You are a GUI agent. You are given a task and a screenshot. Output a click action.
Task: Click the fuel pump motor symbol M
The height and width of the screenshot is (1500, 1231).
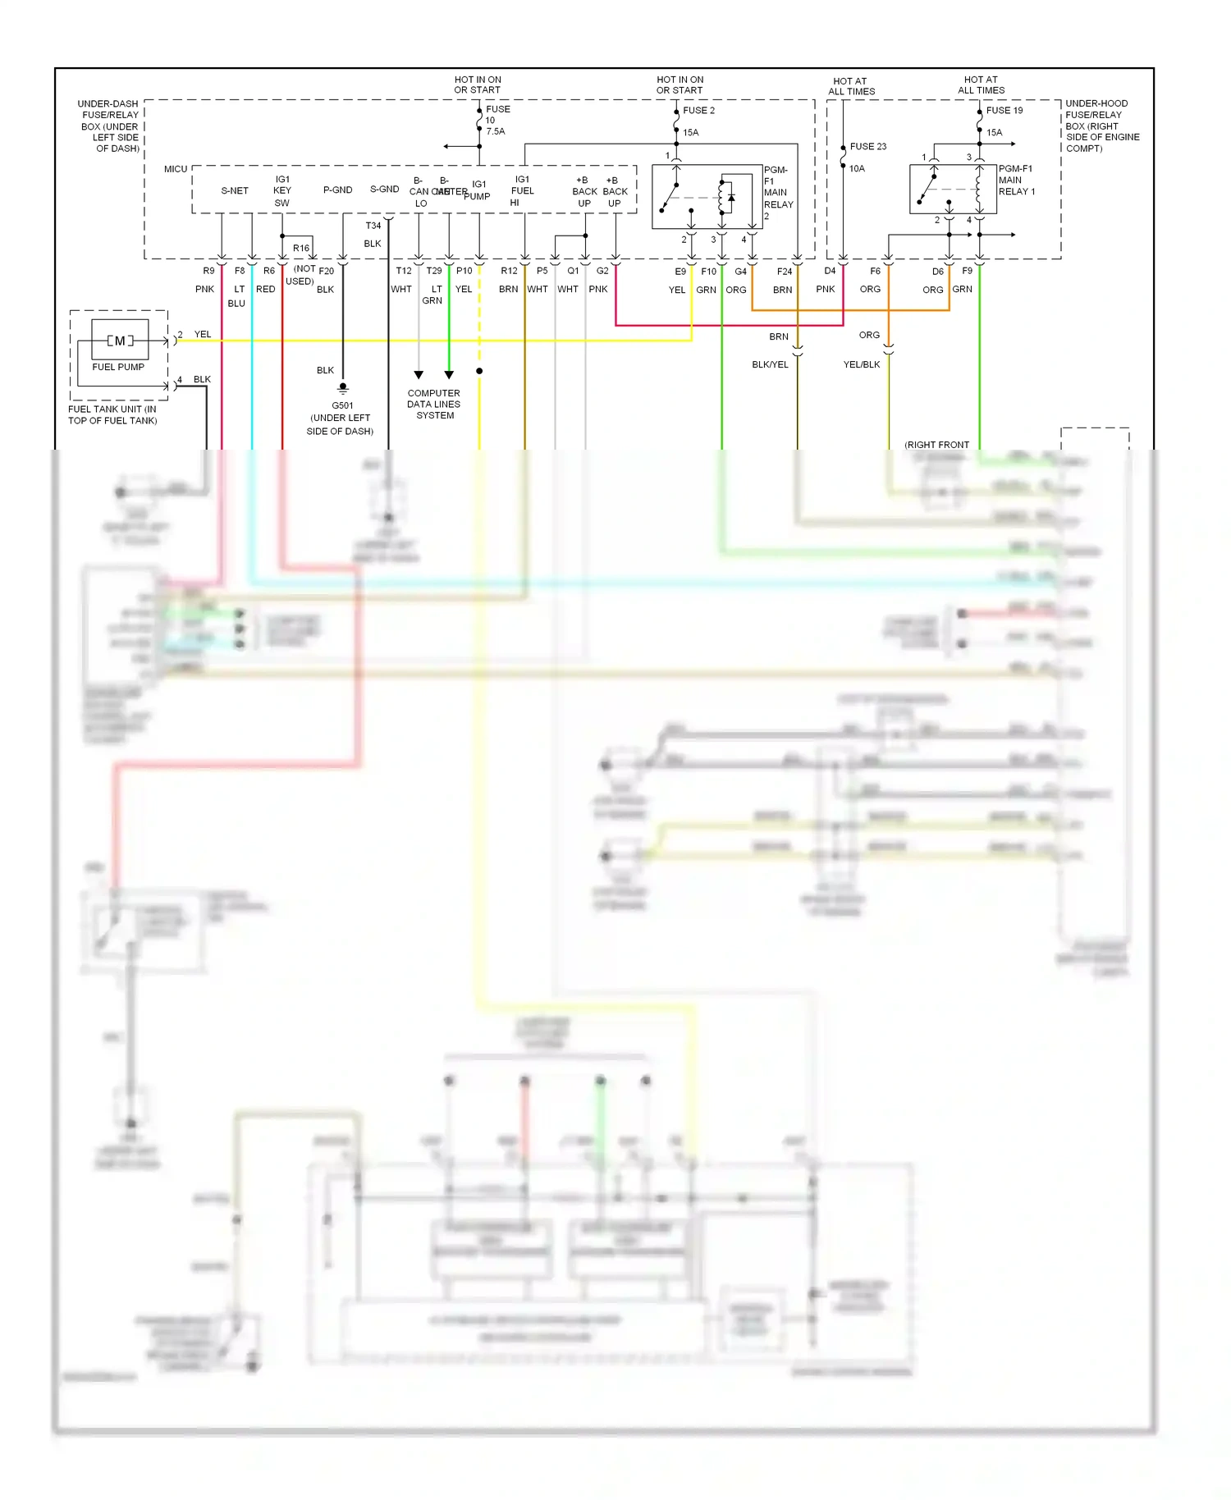pos(120,341)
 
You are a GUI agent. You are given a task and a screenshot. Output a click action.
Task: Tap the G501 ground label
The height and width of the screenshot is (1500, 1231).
pos(342,405)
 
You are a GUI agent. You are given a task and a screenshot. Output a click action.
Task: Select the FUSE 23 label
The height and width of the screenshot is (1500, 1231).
pos(867,147)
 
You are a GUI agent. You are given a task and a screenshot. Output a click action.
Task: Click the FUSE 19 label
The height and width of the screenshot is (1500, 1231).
pos(1004,110)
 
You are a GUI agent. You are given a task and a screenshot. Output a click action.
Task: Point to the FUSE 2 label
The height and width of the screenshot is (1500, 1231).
pos(698,110)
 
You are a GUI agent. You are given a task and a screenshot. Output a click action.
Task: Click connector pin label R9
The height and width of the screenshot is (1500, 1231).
pos(208,271)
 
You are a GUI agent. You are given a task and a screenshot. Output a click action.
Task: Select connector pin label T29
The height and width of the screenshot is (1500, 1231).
pos(433,271)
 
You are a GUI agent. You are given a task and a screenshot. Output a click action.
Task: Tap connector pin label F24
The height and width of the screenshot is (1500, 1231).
pos(784,272)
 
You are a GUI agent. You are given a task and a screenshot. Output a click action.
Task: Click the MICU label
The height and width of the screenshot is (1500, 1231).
pos(176,169)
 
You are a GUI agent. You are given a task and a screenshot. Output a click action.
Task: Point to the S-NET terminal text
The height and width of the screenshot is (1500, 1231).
pos(235,190)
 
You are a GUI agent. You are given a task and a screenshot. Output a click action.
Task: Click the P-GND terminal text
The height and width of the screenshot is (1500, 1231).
pos(337,190)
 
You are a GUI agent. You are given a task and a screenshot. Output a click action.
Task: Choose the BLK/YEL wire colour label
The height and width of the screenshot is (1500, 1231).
pos(770,364)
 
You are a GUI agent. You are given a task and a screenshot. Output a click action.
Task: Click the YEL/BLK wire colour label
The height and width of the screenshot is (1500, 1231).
pos(861,364)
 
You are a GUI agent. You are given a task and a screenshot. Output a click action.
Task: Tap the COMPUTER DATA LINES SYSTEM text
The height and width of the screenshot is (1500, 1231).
pos(434,405)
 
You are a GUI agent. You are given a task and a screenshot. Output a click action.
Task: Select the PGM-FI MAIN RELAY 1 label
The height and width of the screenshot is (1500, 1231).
pos(1016,180)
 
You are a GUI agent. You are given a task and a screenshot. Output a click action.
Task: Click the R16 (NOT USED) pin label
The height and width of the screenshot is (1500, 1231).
pos(301,248)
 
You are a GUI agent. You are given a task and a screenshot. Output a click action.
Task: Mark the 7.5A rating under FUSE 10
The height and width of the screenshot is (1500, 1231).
pos(495,131)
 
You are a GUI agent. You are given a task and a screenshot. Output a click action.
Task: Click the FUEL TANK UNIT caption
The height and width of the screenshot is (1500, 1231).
pos(112,414)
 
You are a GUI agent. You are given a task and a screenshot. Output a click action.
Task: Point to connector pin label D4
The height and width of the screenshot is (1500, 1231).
pos(830,271)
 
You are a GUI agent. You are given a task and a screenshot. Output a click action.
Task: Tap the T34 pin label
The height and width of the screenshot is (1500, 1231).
pos(373,226)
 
